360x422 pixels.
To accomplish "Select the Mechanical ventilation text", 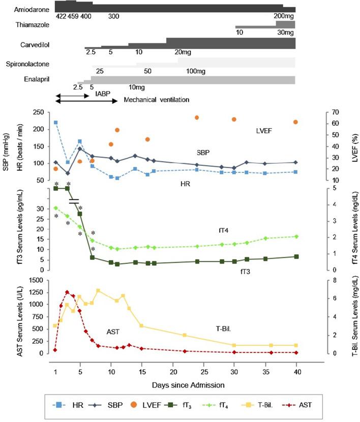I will [154, 101].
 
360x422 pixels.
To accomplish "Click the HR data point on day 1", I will [55, 123].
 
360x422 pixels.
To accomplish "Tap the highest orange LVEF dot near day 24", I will [197, 117].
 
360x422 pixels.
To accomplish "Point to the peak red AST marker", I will [67, 292].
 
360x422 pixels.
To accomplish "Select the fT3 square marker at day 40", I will [296, 257].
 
